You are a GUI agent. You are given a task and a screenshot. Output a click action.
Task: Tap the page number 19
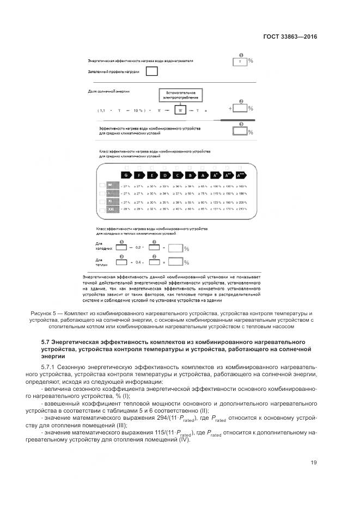tap(314, 463)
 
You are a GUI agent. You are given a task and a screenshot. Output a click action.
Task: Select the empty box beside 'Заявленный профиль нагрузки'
tap(153, 71)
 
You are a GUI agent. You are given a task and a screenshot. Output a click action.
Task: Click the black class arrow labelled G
tap(126, 175)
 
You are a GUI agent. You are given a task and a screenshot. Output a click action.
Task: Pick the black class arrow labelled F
tap(139, 175)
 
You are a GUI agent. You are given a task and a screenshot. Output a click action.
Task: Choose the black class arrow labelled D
tap(165, 175)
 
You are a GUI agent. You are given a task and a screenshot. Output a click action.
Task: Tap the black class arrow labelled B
tap(191, 175)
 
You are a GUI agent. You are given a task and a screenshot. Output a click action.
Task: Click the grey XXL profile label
tap(112, 208)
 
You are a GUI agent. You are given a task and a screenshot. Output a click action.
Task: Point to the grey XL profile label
tap(111, 201)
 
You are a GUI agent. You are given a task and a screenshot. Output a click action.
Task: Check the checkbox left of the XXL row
tap(102, 208)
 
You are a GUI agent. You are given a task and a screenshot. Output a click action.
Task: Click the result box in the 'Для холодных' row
tap(175, 248)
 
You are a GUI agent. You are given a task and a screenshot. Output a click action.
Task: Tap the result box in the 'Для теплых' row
tap(175, 262)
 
